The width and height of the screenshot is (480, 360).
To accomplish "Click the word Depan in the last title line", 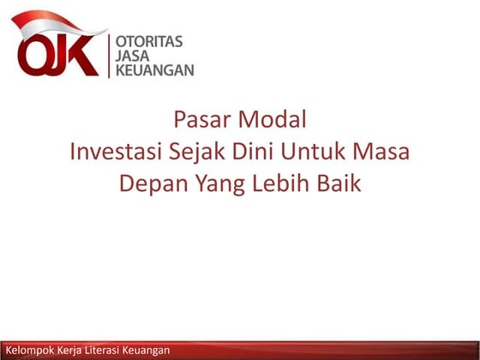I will [147, 183].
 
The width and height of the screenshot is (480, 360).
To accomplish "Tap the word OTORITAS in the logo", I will [148, 40].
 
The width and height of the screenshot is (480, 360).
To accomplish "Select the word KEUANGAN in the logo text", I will [154, 69].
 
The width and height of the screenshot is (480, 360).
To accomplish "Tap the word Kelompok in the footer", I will [27, 351].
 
